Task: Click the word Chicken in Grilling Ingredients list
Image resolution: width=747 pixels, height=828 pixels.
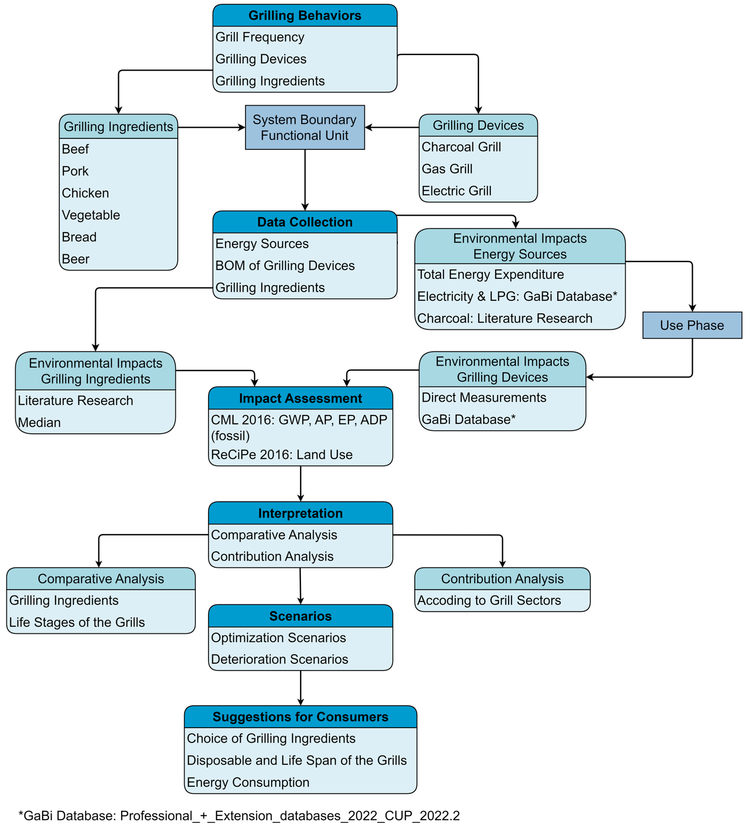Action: tap(85, 193)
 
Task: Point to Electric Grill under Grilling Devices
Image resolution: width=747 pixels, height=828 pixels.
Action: tap(456, 191)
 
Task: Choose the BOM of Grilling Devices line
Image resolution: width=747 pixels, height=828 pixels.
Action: tap(285, 265)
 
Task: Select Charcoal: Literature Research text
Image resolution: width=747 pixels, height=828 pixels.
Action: tap(504, 318)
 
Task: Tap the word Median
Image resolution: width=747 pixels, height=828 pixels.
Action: tap(39, 422)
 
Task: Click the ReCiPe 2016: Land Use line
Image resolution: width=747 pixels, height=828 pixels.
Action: tap(282, 455)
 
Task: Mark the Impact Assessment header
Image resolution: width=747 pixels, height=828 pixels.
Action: tap(301, 398)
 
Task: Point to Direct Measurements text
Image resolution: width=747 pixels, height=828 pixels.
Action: tap(483, 397)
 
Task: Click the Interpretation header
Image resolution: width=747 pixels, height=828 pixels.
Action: tap(301, 513)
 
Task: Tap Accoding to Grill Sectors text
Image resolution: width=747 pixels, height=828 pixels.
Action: tap(489, 600)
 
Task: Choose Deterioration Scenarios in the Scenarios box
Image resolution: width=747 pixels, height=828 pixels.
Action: tap(280, 659)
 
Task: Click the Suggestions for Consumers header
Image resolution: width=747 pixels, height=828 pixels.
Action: tap(301, 717)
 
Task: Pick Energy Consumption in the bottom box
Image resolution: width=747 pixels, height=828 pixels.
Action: tap(248, 782)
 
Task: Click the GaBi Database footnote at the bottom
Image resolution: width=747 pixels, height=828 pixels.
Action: tap(239, 815)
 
